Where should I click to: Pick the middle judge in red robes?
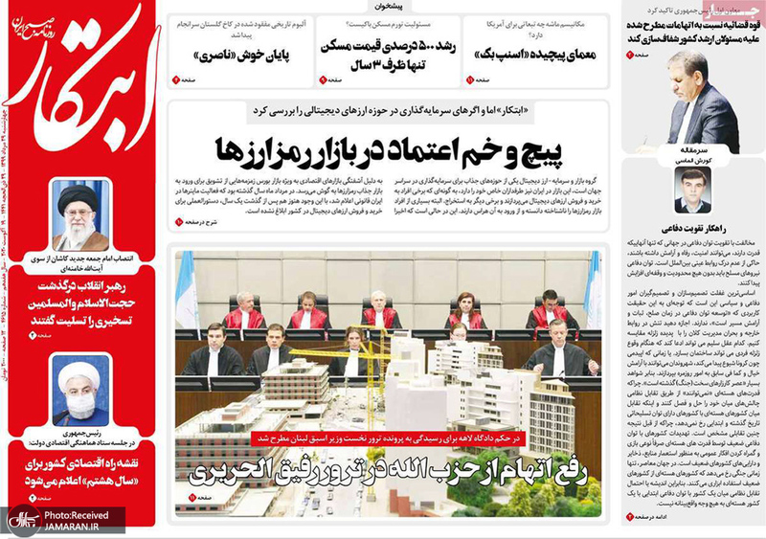379,311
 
